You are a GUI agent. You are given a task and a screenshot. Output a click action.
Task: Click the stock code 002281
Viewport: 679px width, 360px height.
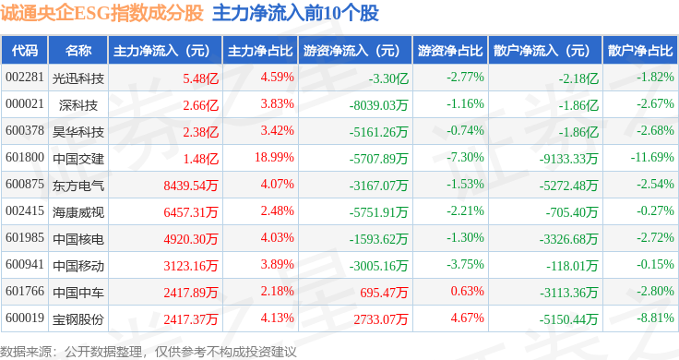25,78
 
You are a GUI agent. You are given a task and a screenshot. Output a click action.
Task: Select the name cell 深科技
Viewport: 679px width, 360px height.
78,105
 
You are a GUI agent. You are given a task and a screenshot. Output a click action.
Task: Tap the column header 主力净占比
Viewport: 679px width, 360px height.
260,51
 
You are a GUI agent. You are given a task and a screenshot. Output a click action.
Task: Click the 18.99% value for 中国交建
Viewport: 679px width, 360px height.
274,157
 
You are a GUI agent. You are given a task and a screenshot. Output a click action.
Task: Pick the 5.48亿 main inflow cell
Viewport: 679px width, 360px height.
200,78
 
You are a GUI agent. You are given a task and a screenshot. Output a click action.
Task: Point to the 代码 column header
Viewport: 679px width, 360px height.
25,51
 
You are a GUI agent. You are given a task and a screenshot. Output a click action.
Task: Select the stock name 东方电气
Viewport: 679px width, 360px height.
78,186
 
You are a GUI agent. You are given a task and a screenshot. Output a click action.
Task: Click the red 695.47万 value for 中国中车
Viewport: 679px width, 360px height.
384,293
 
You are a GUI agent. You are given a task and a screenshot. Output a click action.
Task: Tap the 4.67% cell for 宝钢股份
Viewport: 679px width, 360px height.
467,318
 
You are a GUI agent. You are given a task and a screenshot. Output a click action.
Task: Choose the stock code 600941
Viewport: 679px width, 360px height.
25,264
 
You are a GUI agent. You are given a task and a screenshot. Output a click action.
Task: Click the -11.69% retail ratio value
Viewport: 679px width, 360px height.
652,157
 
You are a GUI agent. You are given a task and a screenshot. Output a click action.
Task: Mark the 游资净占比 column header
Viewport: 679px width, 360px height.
450,51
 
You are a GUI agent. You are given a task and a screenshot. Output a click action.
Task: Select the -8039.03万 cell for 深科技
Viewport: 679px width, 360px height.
378,105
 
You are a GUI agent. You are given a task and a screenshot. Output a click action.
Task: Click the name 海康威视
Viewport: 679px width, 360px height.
78,212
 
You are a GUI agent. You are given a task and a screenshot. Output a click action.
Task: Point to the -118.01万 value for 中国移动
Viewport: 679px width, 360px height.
572,266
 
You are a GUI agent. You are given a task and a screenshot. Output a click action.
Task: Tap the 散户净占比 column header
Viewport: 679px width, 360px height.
640,51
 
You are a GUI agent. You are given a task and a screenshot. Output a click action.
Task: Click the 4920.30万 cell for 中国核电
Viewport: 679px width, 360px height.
191,239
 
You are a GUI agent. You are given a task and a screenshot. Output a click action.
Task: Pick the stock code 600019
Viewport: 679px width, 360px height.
25,318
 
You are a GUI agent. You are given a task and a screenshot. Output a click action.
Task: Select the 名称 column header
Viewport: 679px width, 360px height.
78,51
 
